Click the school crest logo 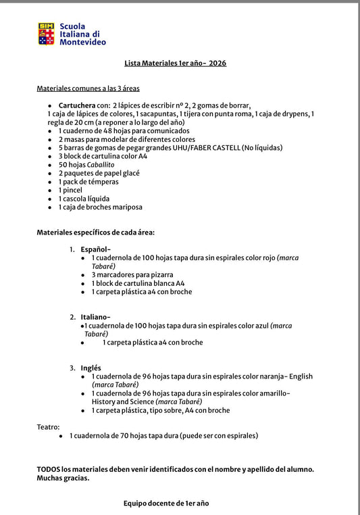coord(46,34)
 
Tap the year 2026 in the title coord(217,63)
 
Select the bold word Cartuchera coord(77,105)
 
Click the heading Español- coord(95,249)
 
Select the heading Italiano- coord(95,317)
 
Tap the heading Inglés coord(92,368)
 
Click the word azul coord(261,326)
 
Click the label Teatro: coord(48,427)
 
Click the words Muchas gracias coord(63,478)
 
